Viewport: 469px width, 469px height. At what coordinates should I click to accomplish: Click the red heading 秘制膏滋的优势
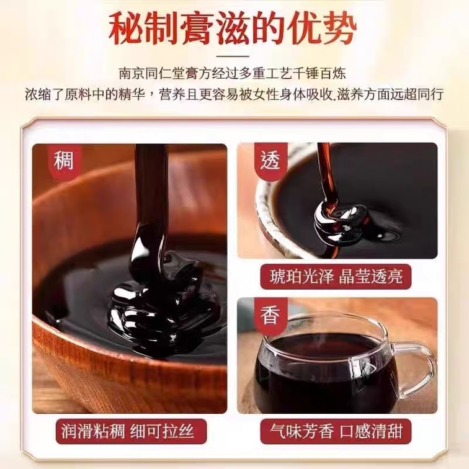point(233,29)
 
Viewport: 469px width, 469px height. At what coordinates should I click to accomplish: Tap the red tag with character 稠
point(64,161)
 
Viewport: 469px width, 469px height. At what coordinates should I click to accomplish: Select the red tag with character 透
point(270,160)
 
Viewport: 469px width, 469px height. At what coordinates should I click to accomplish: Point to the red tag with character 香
point(270,316)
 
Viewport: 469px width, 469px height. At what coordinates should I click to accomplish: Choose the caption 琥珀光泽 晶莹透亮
point(336,277)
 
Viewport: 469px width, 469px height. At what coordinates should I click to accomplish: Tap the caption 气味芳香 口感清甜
point(336,432)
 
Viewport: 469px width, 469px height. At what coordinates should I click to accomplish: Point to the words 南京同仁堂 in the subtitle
point(145,74)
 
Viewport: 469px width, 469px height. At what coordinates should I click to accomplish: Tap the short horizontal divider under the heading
point(233,56)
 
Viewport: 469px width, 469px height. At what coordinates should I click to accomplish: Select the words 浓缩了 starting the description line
point(44,94)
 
